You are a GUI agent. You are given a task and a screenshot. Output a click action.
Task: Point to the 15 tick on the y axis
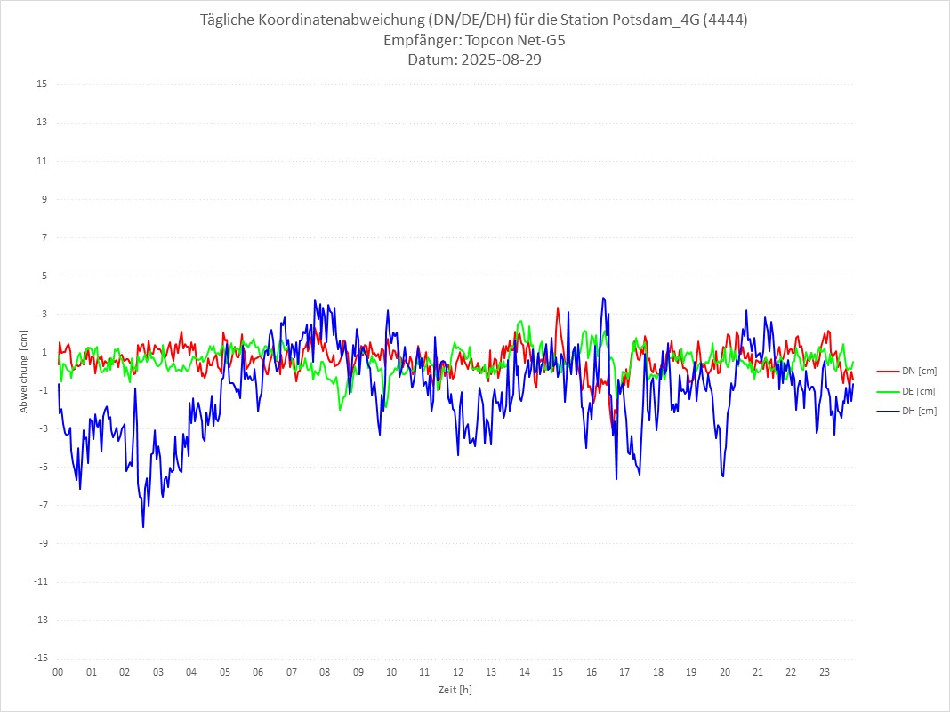tap(42, 84)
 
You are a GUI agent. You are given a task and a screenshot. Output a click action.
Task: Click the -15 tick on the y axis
tap(40, 658)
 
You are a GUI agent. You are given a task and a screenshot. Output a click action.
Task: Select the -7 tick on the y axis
tap(42, 505)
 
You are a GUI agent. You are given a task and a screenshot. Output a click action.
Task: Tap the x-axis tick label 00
tap(58, 672)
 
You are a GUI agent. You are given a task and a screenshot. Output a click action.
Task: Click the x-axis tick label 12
tap(458, 672)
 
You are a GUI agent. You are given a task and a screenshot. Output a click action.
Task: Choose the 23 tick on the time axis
tap(825, 672)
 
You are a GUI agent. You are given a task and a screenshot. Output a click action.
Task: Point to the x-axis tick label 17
tap(624, 672)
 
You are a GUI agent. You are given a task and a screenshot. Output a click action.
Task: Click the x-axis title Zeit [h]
tap(455, 689)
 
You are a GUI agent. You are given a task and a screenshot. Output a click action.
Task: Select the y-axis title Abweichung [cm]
tap(24, 371)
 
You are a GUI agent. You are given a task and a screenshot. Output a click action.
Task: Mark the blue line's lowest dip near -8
tap(143, 527)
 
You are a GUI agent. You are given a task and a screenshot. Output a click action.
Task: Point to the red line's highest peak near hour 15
tap(558, 308)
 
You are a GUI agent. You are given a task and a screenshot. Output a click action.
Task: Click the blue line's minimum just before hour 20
tap(723, 476)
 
